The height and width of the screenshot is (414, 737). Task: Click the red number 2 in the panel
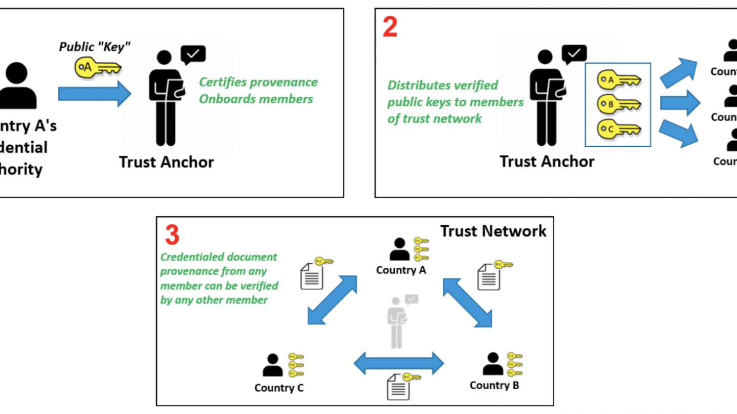pyautogui.click(x=390, y=27)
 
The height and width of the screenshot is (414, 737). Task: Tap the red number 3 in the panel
pyautogui.click(x=172, y=235)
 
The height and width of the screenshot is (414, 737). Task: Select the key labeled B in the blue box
pyautogui.click(x=619, y=104)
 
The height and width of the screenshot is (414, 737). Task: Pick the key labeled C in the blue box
pyautogui.click(x=619, y=130)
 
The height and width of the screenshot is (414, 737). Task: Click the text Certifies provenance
pyautogui.click(x=258, y=82)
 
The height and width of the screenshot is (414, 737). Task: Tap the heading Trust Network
pyautogui.click(x=493, y=231)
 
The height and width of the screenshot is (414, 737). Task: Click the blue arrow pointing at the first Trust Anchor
pyautogui.click(x=94, y=94)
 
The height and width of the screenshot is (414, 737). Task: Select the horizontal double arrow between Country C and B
pyautogui.click(x=398, y=363)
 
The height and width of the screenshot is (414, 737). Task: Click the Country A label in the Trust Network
pyautogui.click(x=401, y=270)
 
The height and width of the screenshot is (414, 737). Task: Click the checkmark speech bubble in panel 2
pyautogui.click(x=574, y=54)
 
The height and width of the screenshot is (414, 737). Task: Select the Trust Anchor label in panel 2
pyautogui.click(x=547, y=161)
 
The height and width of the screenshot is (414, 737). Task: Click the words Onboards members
pyautogui.click(x=256, y=99)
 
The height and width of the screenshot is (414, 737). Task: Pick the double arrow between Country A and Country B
pyautogui.click(x=467, y=303)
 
